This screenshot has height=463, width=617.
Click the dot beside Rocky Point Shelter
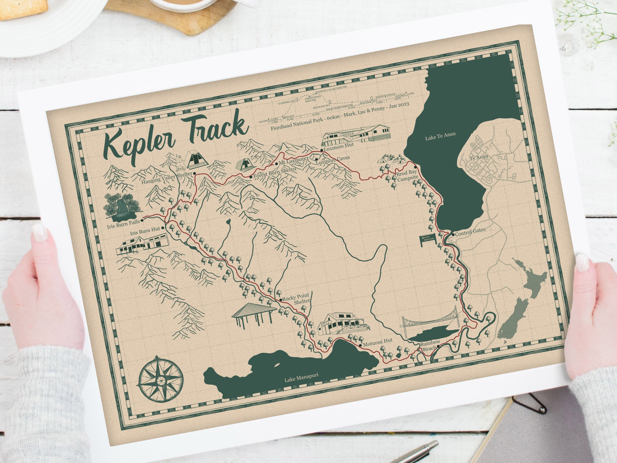coord(280,300)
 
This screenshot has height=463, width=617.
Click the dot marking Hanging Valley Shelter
coord(194,173)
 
